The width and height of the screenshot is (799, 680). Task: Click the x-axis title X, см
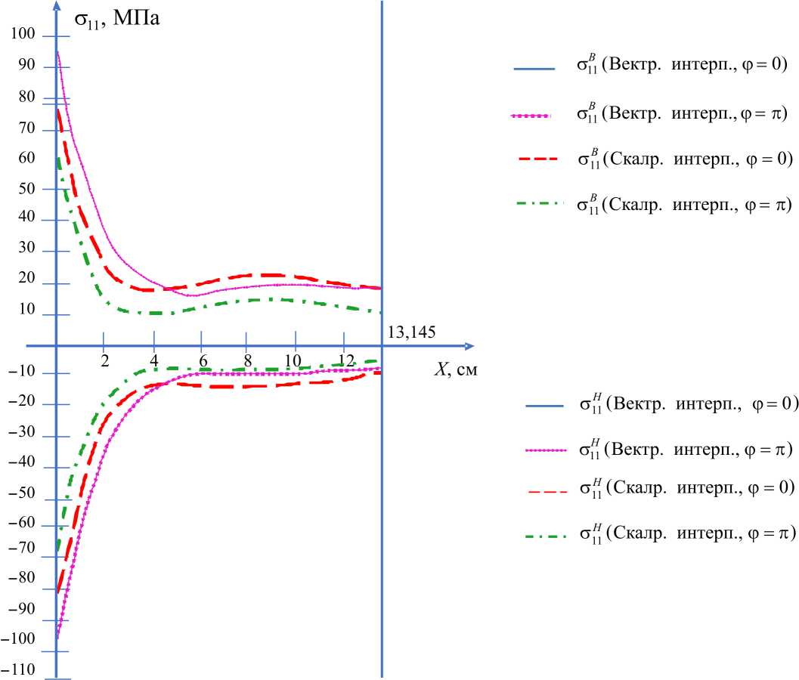pyautogui.click(x=455, y=369)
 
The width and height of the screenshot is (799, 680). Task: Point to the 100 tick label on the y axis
pyautogui.click(x=23, y=34)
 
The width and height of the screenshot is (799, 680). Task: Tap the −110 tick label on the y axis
pyautogui.click(x=18, y=670)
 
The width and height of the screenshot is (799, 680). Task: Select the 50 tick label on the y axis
pyautogui.click(x=27, y=189)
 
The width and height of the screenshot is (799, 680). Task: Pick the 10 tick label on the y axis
pyautogui.click(x=27, y=309)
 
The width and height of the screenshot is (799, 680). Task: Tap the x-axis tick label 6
pyautogui.click(x=203, y=360)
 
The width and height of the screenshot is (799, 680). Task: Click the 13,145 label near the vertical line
pyautogui.click(x=411, y=332)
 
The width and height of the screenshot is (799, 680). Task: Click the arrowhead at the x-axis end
pyautogui.click(x=469, y=346)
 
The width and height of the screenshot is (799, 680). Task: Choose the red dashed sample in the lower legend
pyautogui.click(x=544, y=491)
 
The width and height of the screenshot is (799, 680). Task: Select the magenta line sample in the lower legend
pyautogui.click(x=544, y=450)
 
